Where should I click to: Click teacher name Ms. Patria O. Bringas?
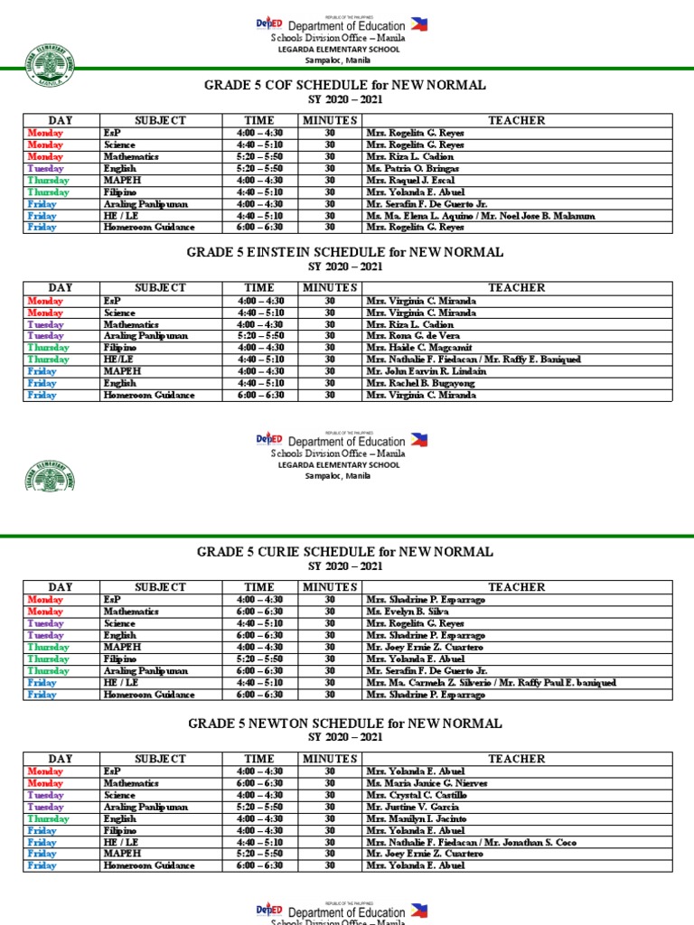pyautogui.click(x=412, y=168)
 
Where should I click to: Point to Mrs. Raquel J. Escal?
pyautogui.click(x=411, y=180)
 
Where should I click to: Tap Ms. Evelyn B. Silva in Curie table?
pyautogui.click(x=408, y=612)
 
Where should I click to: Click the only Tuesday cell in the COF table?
pyautogui.click(x=45, y=168)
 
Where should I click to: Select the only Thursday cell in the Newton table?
pyautogui.click(x=48, y=818)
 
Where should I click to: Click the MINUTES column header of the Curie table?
pyautogui.click(x=330, y=587)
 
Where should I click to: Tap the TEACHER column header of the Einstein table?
pyautogui.click(x=517, y=287)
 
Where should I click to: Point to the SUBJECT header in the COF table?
pyautogui.click(x=160, y=120)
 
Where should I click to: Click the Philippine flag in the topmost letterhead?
pyautogui.click(x=418, y=24)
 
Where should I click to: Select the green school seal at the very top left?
pyautogui.click(x=51, y=62)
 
